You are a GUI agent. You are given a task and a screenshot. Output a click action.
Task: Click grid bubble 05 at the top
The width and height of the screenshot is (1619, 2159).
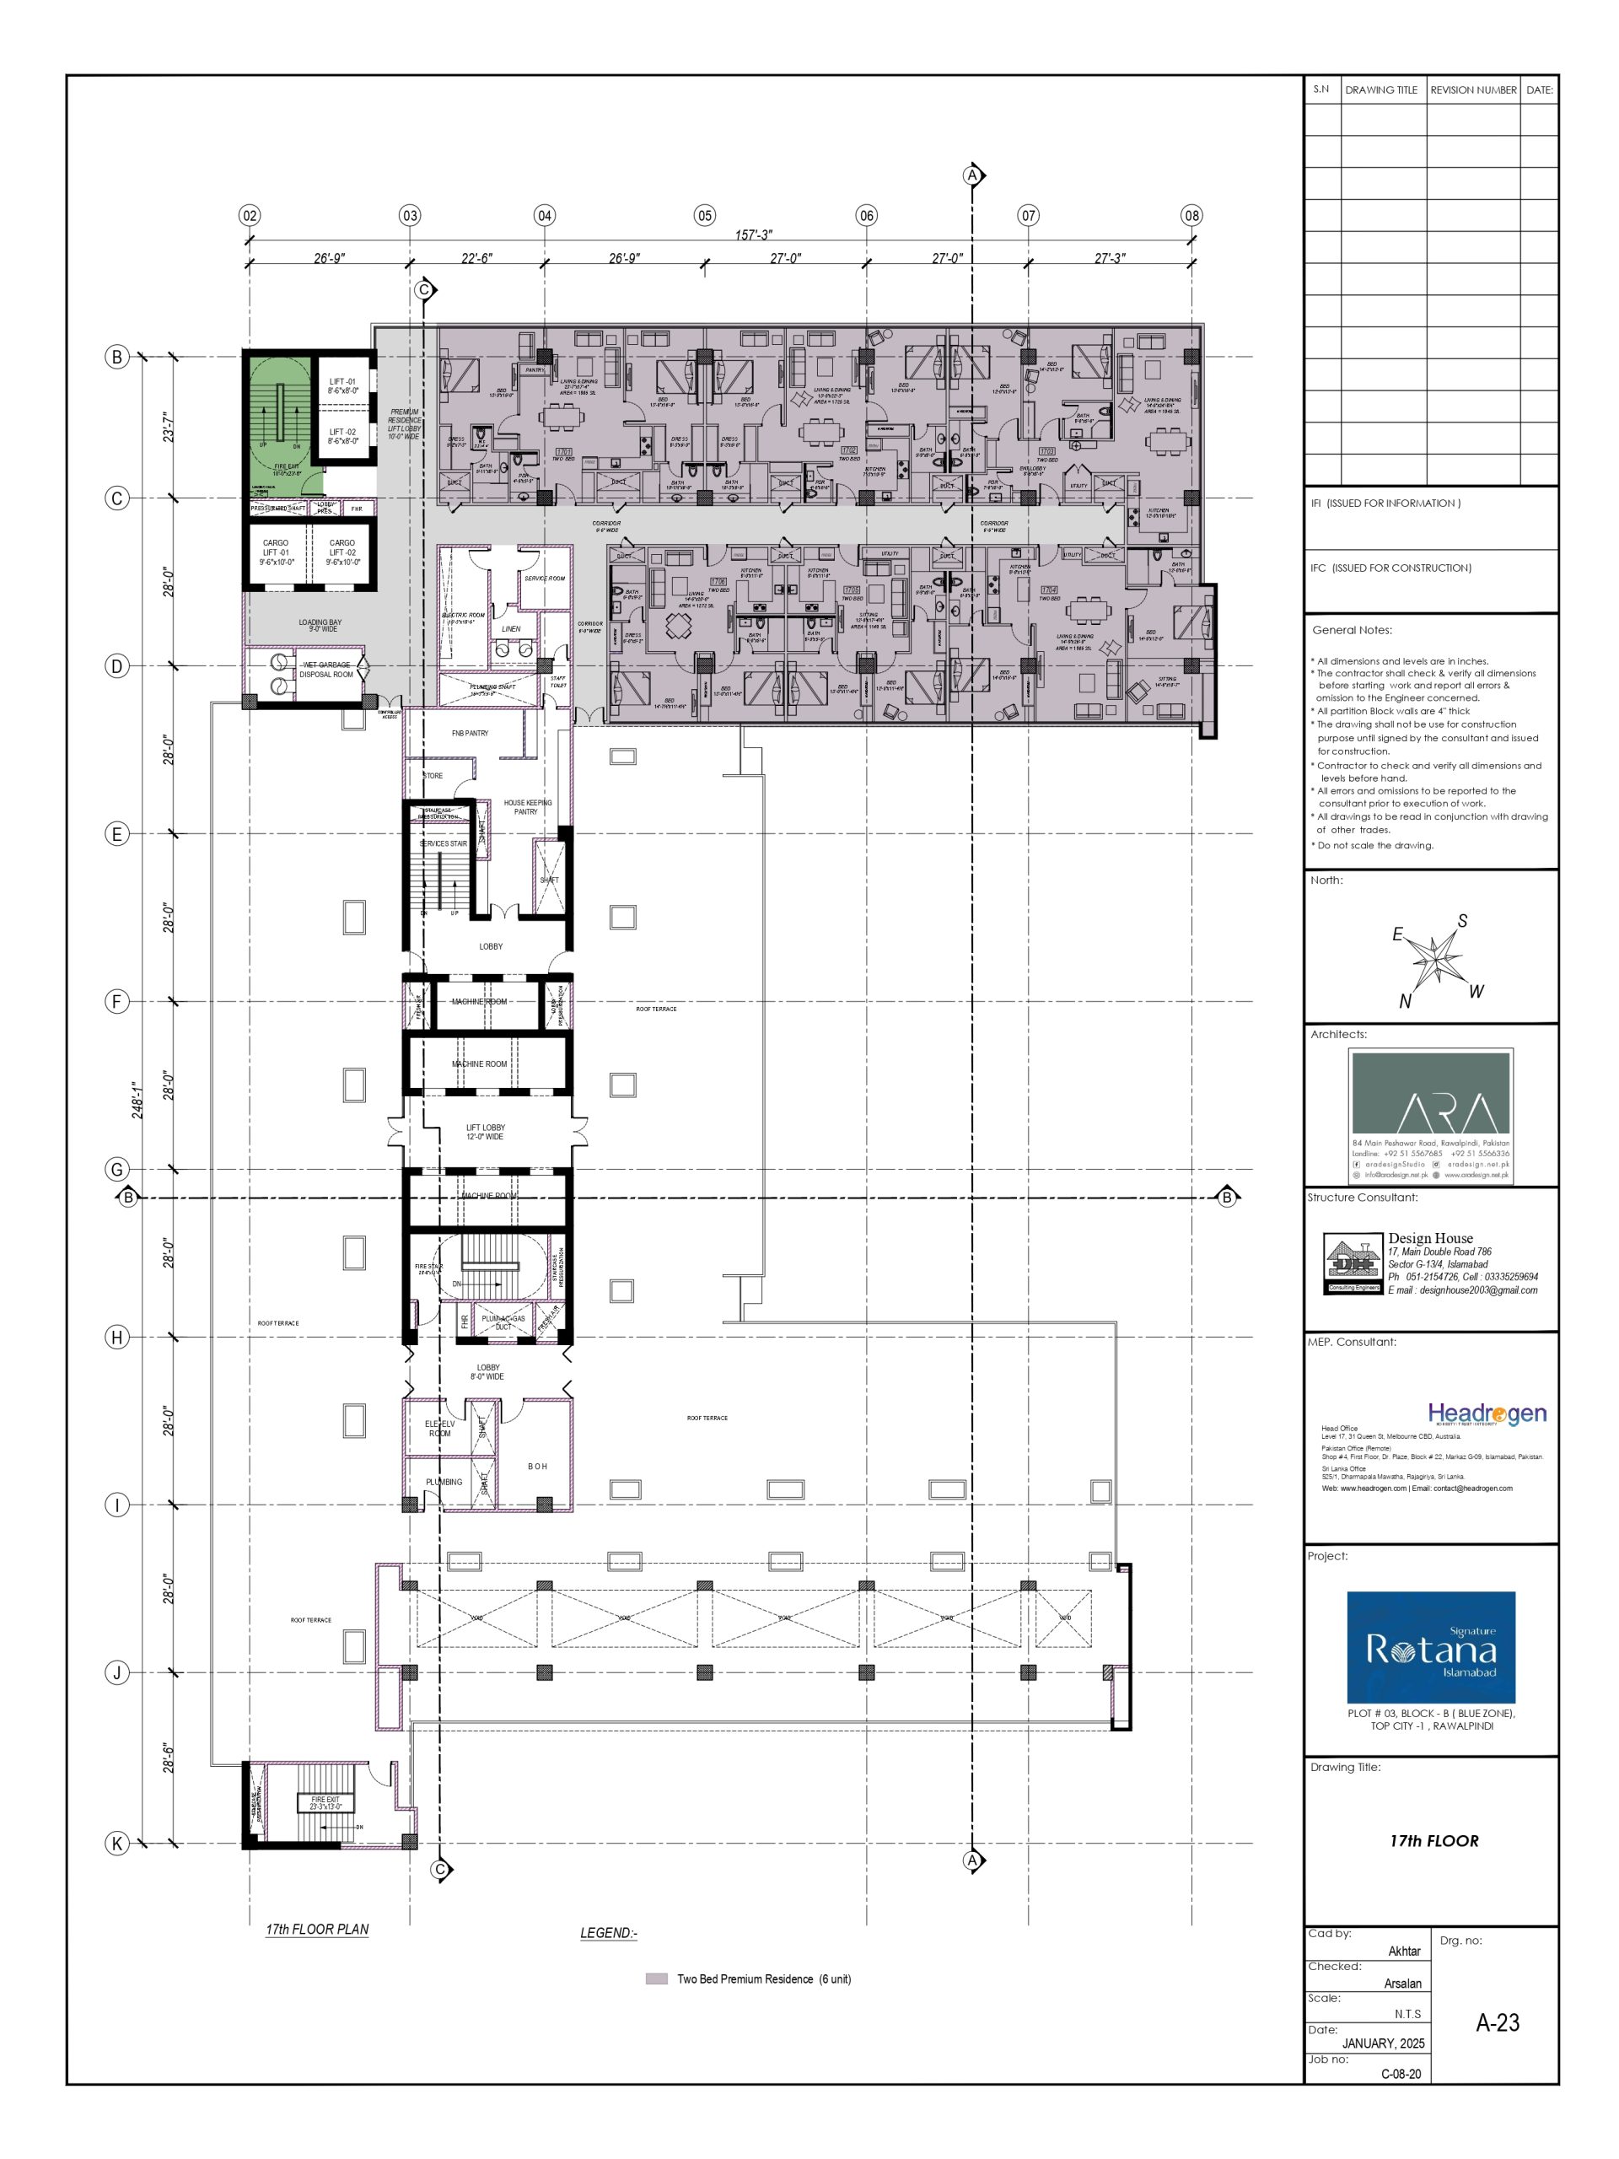[705, 216]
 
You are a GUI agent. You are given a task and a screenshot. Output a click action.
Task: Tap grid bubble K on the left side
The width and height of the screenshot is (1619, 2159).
[117, 1843]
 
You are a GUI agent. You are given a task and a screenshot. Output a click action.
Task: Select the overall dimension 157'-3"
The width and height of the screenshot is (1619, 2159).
[752, 235]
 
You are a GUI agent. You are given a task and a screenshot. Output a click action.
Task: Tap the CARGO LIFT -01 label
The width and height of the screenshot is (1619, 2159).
[277, 552]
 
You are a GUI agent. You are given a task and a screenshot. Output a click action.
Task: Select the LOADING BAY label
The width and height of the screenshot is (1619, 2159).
[320, 626]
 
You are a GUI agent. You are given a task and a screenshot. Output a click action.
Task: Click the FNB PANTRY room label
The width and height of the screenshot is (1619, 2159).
[470, 733]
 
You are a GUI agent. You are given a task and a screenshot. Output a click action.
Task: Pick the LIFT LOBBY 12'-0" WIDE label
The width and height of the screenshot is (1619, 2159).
[486, 1132]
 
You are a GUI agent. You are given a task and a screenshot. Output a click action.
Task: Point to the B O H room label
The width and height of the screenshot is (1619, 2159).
[538, 1466]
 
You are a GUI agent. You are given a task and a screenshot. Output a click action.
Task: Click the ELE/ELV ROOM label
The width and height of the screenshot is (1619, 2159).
[439, 1429]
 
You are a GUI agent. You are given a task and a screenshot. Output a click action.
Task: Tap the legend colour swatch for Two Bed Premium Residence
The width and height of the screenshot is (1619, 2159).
[657, 1979]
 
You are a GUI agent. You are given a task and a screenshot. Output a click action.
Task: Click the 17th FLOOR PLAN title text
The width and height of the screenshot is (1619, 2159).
[317, 1929]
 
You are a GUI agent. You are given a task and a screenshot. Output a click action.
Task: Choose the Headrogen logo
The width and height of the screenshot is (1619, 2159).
[1487, 1413]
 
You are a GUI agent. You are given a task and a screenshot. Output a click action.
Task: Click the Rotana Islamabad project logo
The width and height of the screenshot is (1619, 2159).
[1431, 1648]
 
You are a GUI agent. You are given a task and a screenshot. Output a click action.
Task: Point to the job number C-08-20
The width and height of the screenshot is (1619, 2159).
[1401, 2073]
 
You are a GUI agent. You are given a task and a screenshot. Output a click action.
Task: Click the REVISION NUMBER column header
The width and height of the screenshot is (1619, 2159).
[1472, 89]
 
